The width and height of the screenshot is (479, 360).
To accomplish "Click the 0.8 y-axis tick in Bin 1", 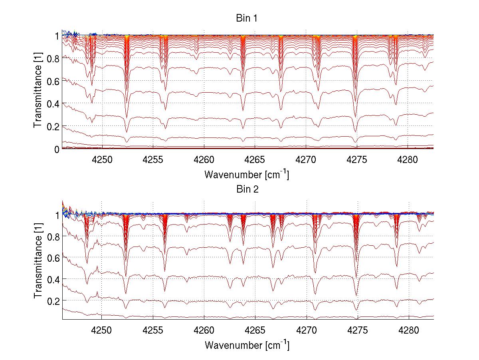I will (53, 58).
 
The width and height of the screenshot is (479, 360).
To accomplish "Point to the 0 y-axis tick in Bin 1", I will (57, 149).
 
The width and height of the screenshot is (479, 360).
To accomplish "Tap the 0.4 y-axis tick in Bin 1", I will (53, 103).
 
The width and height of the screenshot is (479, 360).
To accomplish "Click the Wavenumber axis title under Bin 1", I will (246, 175).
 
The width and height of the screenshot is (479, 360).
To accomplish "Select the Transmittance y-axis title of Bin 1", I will (38, 91).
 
